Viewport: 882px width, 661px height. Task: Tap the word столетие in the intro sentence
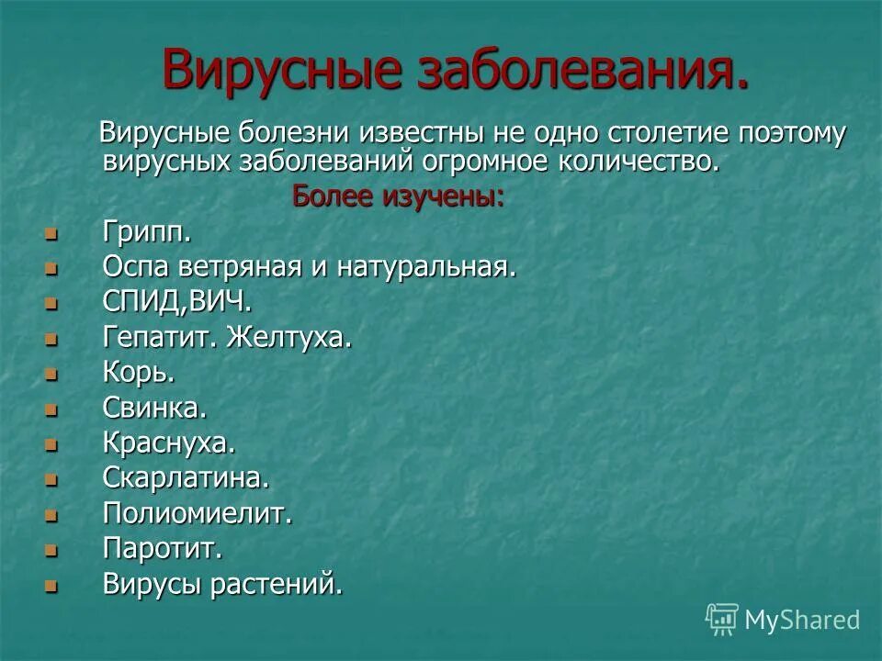pyautogui.click(x=668, y=132)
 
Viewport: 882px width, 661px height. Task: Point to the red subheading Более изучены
pyautogui.click(x=398, y=196)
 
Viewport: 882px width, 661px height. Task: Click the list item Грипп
pyautogui.click(x=147, y=232)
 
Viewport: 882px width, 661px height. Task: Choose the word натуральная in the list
pyautogui.click(x=427, y=267)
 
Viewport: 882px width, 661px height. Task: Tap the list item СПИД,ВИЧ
pyautogui.click(x=176, y=302)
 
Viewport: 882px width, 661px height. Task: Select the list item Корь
pyautogui.click(x=138, y=373)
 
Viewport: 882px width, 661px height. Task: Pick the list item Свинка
pyautogui.click(x=153, y=408)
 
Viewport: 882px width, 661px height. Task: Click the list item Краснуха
pyautogui.click(x=169, y=443)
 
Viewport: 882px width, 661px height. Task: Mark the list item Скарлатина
pyautogui.click(x=186, y=477)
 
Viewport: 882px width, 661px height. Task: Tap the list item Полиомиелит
pyautogui.click(x=197, y=512)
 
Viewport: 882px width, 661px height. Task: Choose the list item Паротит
pyautogui.click(x=163, y=548)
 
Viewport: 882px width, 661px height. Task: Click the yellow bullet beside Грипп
pyautogui.click(x=51, y=235)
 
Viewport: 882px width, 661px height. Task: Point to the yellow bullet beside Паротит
pyautogui.click(x=51, y=551)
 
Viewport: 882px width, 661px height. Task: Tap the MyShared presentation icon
pyautogui.click(x=722, y=620)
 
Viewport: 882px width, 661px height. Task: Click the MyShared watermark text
pyautogui.click(x=802, y=621)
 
